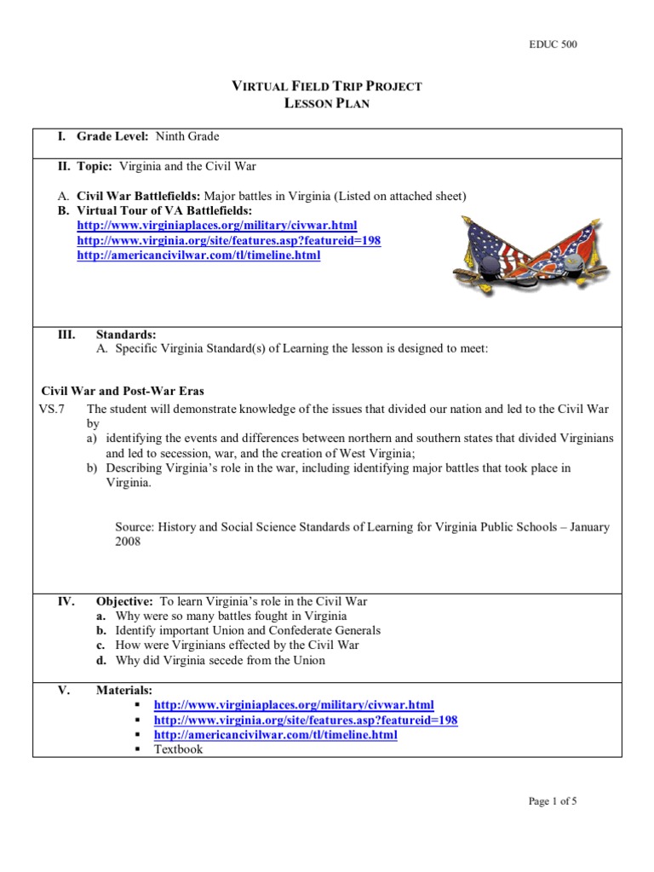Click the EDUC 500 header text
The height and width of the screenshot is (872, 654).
click(553, 45)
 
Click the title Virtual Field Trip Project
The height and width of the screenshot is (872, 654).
click(327, 86)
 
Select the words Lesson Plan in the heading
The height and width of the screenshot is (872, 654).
click(327, 103)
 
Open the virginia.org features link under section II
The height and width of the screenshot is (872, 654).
click(228, 240)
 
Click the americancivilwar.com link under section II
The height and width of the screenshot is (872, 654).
click(198, 255)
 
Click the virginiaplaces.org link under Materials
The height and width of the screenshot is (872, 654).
click(293, 705)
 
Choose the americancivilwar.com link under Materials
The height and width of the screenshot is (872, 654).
click(275, 735)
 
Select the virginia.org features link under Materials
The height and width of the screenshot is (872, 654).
click(305, 720)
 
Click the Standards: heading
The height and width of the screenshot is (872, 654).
click(125, 335)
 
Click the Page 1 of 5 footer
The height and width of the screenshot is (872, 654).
click(553, 800)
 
